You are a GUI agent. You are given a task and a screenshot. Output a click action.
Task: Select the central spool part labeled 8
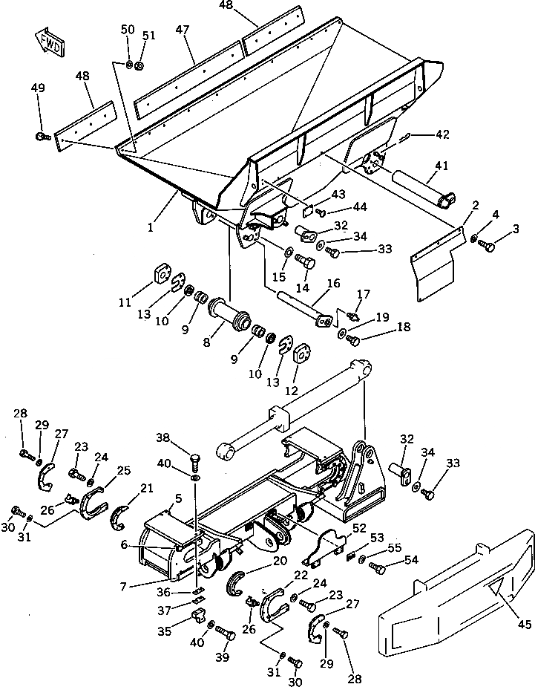click(227, 311)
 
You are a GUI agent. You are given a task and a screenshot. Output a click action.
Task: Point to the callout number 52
click(359, 528)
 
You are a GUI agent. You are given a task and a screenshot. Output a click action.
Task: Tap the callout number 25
click(125, 470)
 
